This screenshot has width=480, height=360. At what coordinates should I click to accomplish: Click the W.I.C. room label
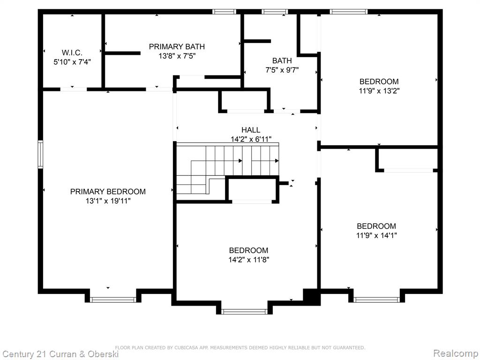click(72, 52)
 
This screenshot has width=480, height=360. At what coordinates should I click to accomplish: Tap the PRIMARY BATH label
click(177, 46)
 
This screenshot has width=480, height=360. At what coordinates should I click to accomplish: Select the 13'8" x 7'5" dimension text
click(177, 56)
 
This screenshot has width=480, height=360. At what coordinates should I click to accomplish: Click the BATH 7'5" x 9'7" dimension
click(282, 70)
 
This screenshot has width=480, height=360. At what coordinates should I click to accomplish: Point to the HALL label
click(251, 130)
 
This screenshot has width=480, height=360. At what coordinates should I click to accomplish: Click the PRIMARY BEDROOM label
click(108, 192)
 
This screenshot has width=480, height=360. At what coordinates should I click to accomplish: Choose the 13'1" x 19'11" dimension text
click(108, 201)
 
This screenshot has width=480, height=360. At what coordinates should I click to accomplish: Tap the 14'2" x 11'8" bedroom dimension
click(248, 260)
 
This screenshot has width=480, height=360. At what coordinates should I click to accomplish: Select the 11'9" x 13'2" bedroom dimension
click(379, 91)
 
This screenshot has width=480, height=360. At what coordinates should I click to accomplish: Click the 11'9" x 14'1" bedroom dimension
click(376, 235)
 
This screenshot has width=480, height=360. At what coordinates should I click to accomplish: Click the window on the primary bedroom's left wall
click(40, 154)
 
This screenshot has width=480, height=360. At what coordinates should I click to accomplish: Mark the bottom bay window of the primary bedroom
click(113, 300)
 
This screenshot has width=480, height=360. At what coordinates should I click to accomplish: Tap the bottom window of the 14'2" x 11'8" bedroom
click(244, 312)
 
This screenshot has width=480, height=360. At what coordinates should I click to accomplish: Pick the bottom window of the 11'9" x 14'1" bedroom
click(376, 300)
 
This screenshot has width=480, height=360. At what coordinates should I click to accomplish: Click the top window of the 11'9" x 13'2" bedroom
click(349, 12)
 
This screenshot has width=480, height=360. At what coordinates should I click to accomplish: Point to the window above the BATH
click(275, 12)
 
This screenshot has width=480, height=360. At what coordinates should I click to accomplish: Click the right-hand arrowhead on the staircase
click(277, 161)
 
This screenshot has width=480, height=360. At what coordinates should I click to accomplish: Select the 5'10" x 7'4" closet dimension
click(72, 62)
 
